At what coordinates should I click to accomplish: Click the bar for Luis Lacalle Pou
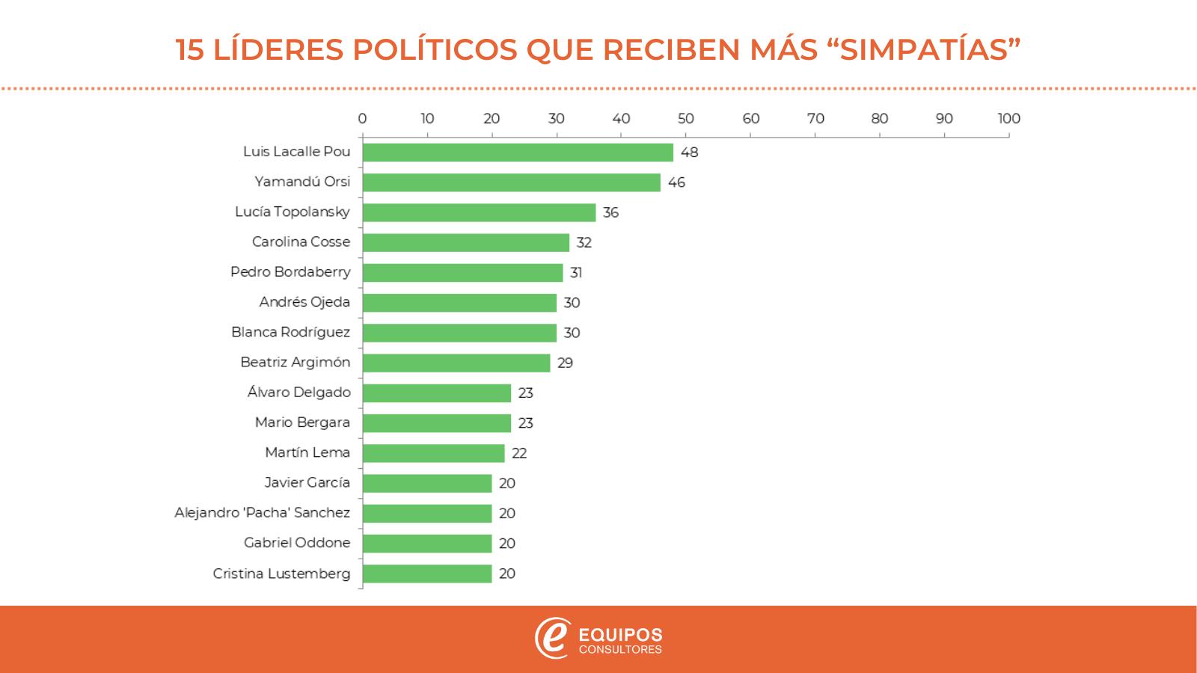point(518,153)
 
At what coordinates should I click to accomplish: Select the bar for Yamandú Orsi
point(511,182)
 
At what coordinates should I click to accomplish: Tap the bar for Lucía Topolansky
point(479,212)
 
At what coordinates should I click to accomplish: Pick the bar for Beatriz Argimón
point(456,363)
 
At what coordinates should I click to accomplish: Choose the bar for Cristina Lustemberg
point(426,574)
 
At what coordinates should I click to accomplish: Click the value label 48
point(689,153)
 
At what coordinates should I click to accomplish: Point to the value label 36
point(610,212)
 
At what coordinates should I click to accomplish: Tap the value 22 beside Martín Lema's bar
point(518,453)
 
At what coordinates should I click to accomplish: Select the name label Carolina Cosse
point(301,242)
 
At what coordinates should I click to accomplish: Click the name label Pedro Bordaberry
point(290,271)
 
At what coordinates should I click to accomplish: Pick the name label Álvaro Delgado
point(299,392)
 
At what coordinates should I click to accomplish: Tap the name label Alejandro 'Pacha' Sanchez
point(262,512)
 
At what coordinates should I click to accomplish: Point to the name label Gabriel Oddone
point(296,543)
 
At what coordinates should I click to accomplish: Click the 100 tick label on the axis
point(1008,118)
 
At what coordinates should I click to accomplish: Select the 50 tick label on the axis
point(685,118)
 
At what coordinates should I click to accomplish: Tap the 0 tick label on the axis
point(362,118)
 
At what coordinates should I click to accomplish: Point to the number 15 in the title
point(190,49)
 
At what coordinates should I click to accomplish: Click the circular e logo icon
point(552,638)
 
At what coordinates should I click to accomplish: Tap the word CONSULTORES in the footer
point(620,650)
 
